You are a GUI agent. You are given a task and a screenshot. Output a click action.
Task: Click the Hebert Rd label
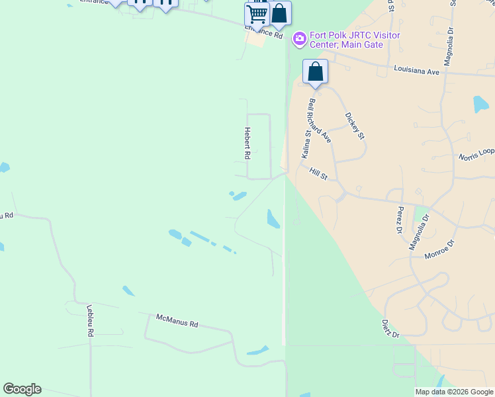pos(247,143)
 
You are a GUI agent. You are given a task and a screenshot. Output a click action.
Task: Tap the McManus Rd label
pos(177,321)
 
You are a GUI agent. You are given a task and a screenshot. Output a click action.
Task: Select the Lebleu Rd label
pos(89,321)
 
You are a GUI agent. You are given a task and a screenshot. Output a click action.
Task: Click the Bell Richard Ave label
pos(320,120)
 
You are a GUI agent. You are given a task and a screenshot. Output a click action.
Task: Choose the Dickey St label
pos(355,126)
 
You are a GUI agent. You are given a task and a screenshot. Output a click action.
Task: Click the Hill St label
pos(318,173)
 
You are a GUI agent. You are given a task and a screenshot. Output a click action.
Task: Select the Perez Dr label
pos(400,220)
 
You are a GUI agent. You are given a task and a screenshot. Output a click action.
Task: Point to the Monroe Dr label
pos(439,248)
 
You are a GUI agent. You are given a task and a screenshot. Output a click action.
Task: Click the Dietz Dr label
pos(390,329)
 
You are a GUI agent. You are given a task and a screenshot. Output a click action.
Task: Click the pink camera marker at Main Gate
pos(299,39)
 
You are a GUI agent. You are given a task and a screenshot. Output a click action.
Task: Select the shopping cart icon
pos(257,13)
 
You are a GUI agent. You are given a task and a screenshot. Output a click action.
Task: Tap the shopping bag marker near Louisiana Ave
pos(316,71)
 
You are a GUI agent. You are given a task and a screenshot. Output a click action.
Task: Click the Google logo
pos(22,389)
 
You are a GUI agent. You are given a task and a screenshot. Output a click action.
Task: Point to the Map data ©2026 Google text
pos(454,392)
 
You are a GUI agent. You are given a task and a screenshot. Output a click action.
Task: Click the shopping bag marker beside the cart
pos(279,13)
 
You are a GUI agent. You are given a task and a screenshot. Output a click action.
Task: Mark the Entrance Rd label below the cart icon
pos(263,32)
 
